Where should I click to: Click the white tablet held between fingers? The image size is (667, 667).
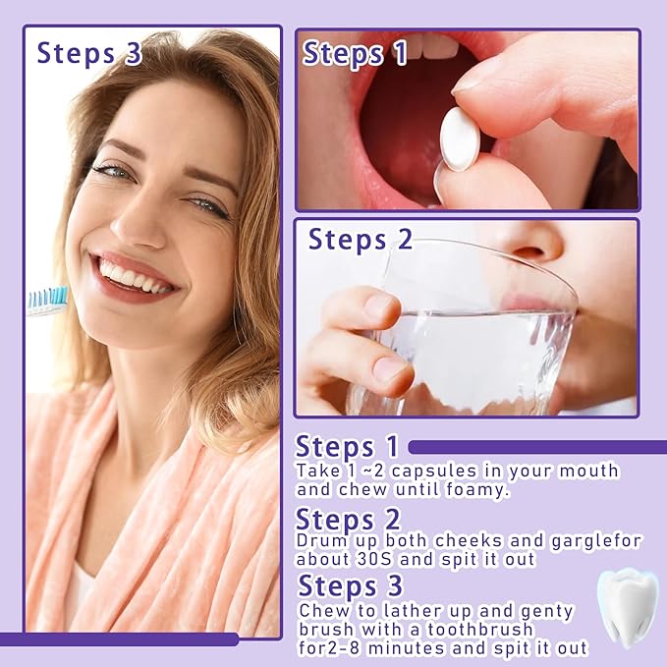459,139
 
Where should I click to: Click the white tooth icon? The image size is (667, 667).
626,606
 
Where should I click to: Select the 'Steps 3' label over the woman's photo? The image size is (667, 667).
89,53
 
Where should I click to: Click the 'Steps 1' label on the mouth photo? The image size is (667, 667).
355,53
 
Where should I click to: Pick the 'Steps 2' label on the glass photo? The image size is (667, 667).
361,239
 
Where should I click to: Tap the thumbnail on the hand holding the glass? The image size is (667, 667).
391,368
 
